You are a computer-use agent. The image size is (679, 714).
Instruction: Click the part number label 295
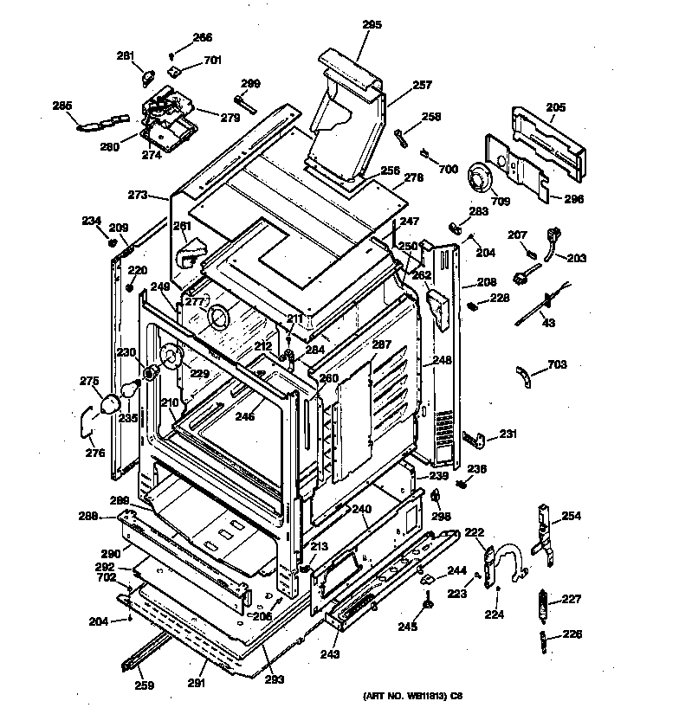[371, 25]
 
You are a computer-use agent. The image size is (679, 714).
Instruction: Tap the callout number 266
[202, 37]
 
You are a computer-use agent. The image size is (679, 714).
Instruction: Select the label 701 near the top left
[212, 61]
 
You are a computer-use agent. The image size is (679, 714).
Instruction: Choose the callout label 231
[508, 434]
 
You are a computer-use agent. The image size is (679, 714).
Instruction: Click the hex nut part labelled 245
[427, 603]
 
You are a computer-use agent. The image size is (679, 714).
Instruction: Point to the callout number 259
[145, 685]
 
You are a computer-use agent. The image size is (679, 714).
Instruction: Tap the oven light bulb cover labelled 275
[111, 403]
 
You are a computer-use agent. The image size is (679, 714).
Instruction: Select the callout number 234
[92, 220]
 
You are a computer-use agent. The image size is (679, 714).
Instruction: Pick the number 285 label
[62, 106]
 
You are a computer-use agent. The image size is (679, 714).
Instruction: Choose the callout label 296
[574, 198]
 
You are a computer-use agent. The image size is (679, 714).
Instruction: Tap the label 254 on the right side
[571, 517]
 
